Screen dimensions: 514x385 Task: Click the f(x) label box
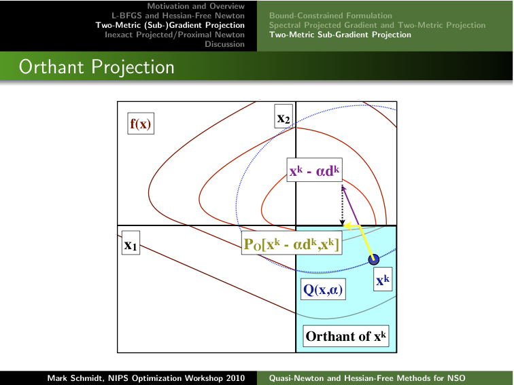(x=141, y=124)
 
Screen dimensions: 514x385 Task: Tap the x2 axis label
(x=284, y=116)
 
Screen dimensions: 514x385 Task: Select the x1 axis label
(x=131, y=242)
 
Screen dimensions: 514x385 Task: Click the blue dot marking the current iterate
(x=374, y=259)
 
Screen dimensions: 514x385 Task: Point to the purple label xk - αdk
(x=314, y=170)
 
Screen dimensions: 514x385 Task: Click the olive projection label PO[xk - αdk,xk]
(x=292, y=243)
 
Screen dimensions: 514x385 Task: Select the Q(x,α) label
(x=323, y=289)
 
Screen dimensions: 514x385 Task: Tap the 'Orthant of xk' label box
(x=346, y=336)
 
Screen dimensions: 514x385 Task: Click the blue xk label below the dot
(x=383, y=279)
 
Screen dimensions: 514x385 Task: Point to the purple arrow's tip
(x=342, y=186)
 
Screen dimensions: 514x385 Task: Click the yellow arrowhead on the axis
(x=347, y=225)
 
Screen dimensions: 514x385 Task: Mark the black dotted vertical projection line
(x=342, y=206)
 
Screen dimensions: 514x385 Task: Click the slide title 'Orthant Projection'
(x=97, y=67)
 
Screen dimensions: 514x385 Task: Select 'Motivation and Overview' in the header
(x=196, y=6)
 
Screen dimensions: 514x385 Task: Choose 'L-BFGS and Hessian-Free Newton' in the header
(x=178, y=16)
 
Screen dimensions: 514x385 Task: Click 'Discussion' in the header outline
(x=224, y=44)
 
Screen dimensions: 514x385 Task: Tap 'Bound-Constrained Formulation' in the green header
(x=330, y=16)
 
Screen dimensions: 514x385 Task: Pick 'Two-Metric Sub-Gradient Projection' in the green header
(x=340, y=35)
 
